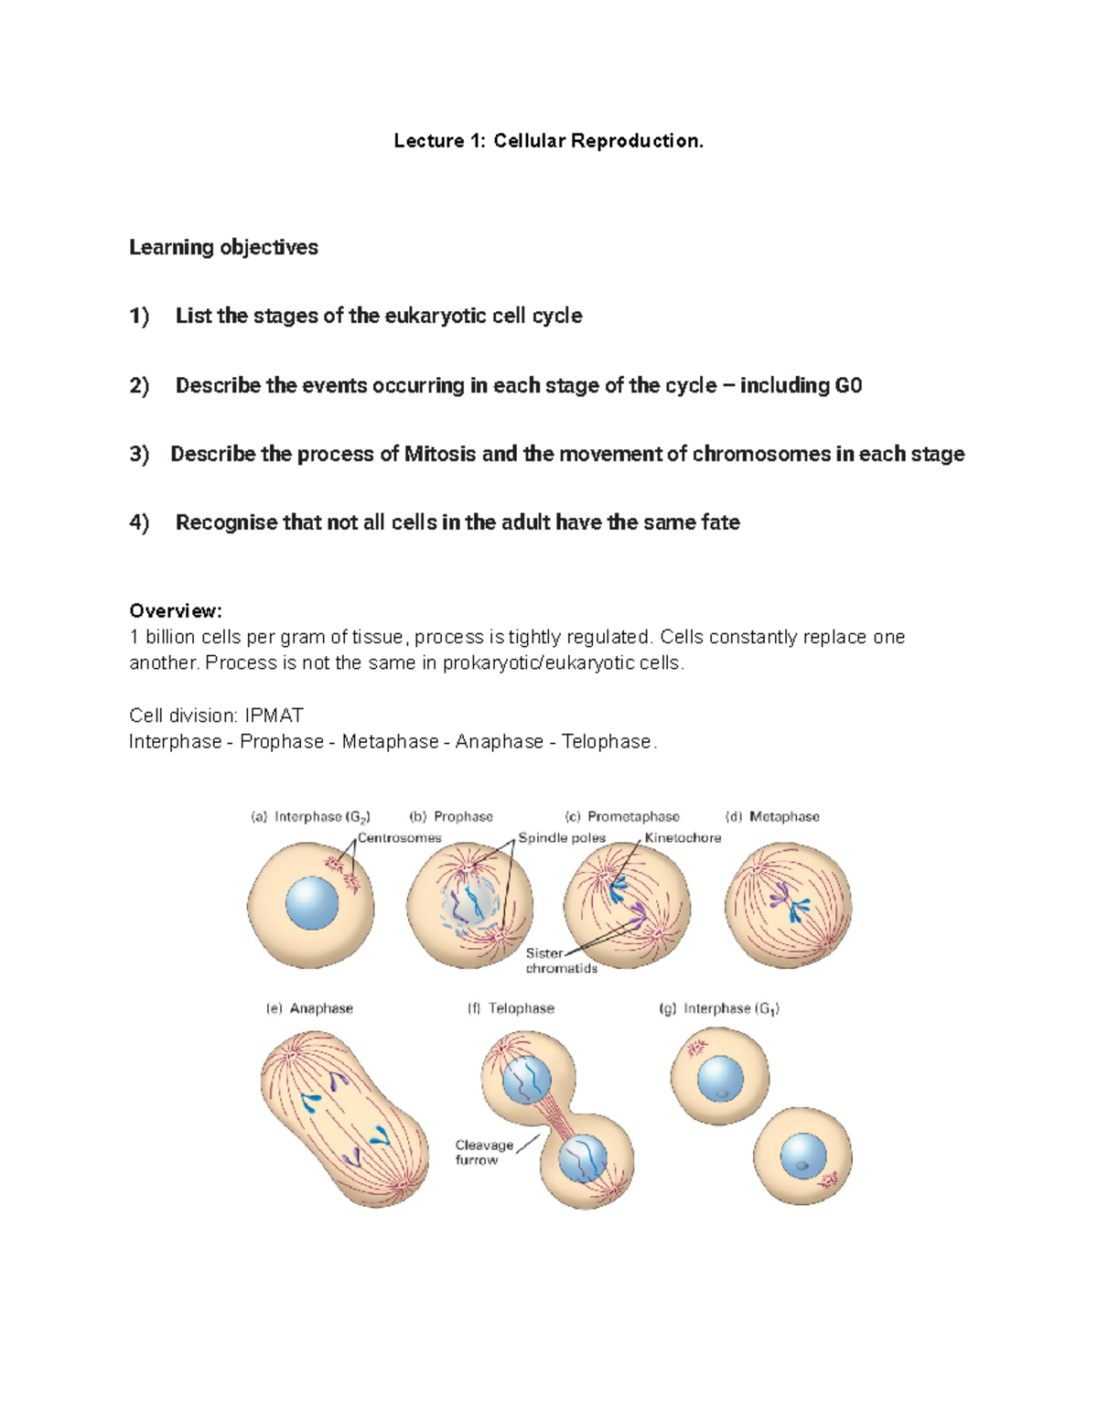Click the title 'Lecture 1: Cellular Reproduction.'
pyautogui.click(x=549, y=141)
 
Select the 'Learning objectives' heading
pyautogui.click(x=223, y=247)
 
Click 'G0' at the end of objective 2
pyautogui.click(x=848, y=385)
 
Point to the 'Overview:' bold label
pyautogui.click(x=176, y=610)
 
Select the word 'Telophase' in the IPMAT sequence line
pyautogui.click(x=606, y=741)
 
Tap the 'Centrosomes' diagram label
pyautogui.click(x=399, y=838)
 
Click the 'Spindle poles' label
pyautogui.click(x=562, y=838)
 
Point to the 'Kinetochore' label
pyautogui.click(x=683, y=838)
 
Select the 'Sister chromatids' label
pyautogui.click(x=560, y=961)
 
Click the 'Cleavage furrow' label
pyautogui.click(x=484, y=1152)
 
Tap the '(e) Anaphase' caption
pyautogui.click(x=309, y=1008)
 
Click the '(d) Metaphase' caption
pyautogui.click(x=772, y=816)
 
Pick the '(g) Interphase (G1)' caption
pyautogui.click(x=719, y=1008)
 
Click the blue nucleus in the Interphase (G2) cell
pyautogui.click(x=312, y=903)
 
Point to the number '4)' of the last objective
pyautogui.click(x=139, y=522)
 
